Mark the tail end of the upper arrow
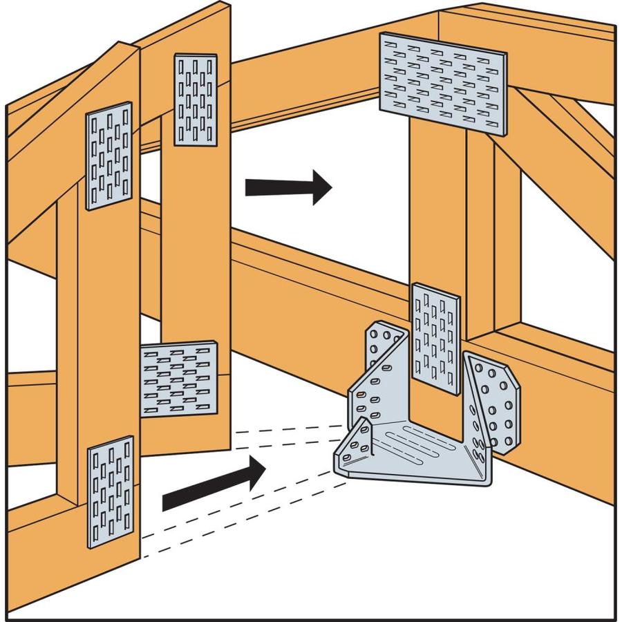click(x=249, y=187)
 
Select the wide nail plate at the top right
click(x=442, y=83)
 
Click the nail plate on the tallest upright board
click(x=196, y=99)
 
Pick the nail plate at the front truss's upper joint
click(x=109, y=155)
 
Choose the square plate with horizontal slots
click(x=179, y=379)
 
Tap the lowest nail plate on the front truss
click(x=111, y=491)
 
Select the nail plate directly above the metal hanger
click(x=435, y=339)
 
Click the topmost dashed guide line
click(x=290, y=429)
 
